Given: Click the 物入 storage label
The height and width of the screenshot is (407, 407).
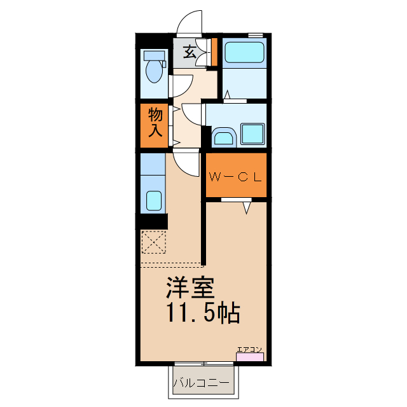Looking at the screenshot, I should tap(156, 123).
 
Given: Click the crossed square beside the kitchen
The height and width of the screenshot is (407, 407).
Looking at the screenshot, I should tap(153, 242).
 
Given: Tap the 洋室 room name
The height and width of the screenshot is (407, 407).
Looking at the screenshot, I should tap(189, 289).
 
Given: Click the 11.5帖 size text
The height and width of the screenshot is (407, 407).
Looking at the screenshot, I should tap(203, 312).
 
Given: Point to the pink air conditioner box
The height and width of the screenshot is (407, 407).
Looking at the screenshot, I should tap(249, 357).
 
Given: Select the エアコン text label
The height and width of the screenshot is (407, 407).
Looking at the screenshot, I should tap(249, 348).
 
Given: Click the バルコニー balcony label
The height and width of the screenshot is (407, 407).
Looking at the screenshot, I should tap(202, 383).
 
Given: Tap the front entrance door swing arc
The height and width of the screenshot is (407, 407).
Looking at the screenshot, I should tap(190, 22).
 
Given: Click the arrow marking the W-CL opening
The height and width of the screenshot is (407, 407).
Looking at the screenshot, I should tap(246, 207).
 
